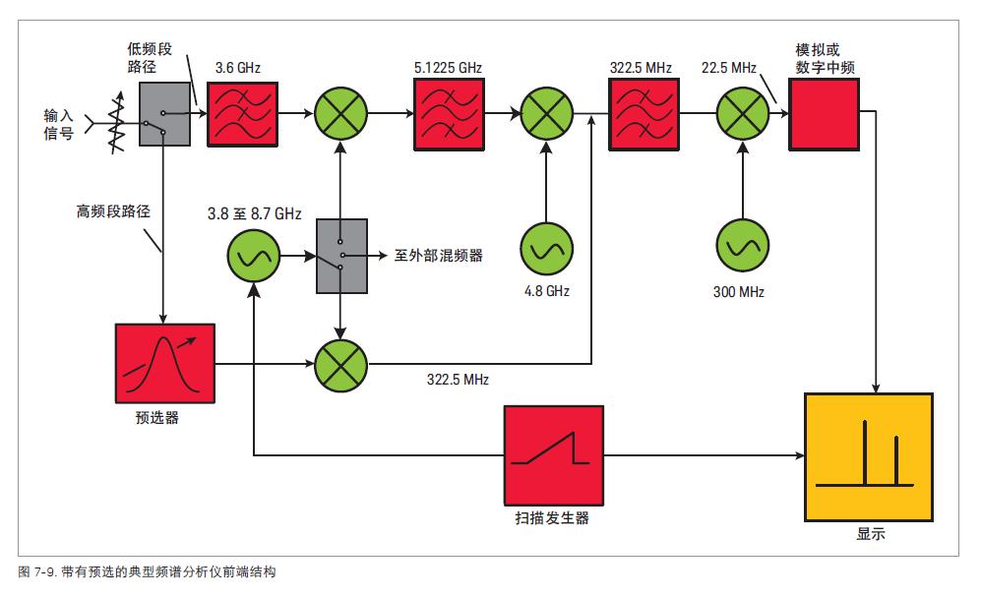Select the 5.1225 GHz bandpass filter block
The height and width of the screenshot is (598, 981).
(x=447, y=114)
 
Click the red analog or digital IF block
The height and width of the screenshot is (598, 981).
(x=824, y=114)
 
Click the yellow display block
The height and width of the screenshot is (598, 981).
(x=865, y=454)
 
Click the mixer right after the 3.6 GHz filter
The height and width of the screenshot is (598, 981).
(x=340, y=114)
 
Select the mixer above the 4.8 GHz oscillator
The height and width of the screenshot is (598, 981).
(x=546, y=114)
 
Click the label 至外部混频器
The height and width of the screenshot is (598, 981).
(x=438, y=257)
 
